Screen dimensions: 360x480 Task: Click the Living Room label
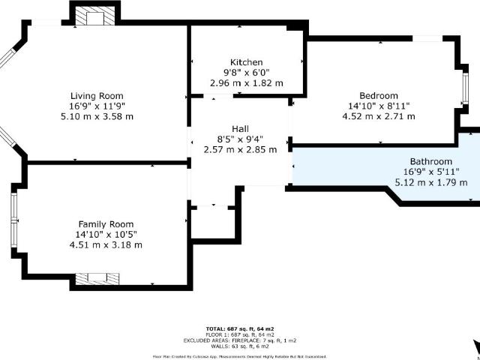click(x=96, y=95)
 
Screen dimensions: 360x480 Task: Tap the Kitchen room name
click(x=246, y=61)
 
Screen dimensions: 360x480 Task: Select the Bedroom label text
click(x=378, y=95)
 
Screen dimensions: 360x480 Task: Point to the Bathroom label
click(x=430, y=161)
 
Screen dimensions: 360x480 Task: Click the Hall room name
click(x=240, y=128)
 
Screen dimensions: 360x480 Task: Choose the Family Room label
click(x=106, y=224)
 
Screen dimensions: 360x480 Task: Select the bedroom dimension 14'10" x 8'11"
click(x=378, y=106)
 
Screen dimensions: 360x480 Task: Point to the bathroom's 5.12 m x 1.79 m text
click(x=430, y=182)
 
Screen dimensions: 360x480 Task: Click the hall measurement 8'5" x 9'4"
click(x=240, y=139)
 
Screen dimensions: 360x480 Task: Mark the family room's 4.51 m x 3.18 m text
click(x=106, y=244)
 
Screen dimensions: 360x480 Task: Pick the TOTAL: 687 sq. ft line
click(x=239, y=329)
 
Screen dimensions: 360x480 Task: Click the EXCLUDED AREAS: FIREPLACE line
click(x=239, y=340)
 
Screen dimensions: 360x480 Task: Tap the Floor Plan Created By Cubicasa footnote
click(x=239, y=355)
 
